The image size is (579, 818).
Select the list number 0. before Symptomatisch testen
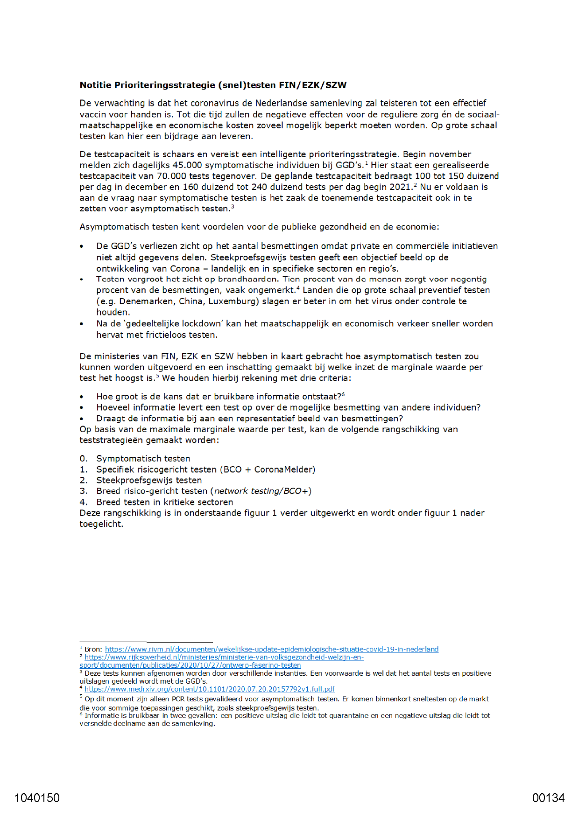[x=84, y=459]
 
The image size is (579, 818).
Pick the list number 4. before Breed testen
[x=84, y=502]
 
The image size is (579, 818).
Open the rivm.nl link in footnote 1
[x=271, y=649]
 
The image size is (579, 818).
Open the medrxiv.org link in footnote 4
[x=210, y=689]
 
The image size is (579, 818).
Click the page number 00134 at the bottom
[x=548, y=798]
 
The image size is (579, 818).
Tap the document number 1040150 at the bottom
[x=37, y=798]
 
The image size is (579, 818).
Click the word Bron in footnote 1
[x=92, y=649]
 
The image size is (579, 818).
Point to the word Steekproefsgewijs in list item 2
[x=127, y=480]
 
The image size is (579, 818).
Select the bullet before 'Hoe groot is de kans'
[x=82, y=397]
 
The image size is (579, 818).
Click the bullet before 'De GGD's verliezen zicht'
[x=82, y=247]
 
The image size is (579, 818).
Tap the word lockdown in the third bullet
[x=200, y=323]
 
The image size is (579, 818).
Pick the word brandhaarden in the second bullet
[x=248, y=279]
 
